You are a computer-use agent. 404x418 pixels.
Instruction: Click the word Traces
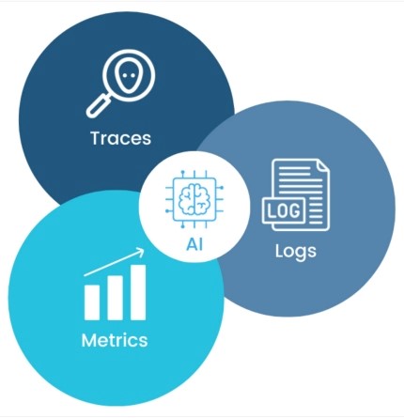[121, 138]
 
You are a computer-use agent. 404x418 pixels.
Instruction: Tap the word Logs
[296, 252]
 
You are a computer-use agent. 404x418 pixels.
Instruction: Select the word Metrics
[115, 340]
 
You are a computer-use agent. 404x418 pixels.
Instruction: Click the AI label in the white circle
[194, 244]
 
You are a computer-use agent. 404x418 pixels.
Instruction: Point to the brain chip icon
[194, 199]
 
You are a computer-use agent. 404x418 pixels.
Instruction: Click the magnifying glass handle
[98, 106]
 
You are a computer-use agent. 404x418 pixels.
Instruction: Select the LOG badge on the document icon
[284, 210]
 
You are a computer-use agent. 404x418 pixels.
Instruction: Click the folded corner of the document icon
[322, 166]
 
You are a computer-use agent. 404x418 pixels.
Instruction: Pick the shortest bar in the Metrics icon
[92, 302]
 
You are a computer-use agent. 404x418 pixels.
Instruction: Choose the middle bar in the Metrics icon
[115, 298]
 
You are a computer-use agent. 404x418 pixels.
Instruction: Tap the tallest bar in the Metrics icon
[138, 292]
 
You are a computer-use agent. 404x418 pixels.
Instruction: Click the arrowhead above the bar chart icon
[140, 252]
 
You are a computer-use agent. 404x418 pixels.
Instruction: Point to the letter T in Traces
[96, 138]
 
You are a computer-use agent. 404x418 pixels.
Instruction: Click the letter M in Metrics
[88, 340]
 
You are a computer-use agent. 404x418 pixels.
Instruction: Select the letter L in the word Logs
[279, 251]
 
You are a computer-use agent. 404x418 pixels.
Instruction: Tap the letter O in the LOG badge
[284, 210]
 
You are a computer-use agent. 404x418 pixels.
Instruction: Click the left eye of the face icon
[125, 75]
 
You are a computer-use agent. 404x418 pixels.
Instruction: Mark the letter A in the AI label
[192, 244]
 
